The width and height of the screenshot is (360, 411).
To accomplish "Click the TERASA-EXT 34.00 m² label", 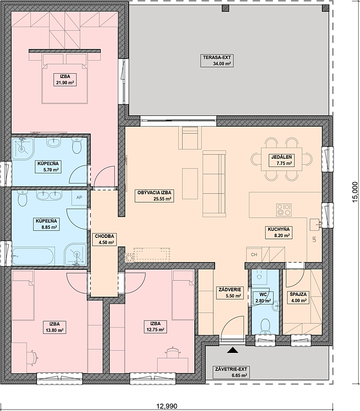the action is [217, 61].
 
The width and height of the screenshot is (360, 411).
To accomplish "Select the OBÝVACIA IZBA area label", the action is [154, 196].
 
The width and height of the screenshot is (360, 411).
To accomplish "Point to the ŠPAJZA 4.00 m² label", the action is [298, 298].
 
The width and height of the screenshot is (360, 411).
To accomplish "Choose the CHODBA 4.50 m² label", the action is [104, 239].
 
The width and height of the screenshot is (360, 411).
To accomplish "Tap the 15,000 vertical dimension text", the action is [355, 192].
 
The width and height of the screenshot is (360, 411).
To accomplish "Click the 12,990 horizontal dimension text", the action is [167, 407].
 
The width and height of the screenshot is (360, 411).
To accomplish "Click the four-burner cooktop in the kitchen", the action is [283, 210].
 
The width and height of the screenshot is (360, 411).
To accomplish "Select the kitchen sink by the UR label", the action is [315, 224].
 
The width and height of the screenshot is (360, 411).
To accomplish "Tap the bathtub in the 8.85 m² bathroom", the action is [33, 256].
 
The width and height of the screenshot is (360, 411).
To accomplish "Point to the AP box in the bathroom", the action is [79, 198].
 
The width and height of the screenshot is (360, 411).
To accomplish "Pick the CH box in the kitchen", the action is [254, 254].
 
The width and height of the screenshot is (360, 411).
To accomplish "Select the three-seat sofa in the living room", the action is [214, 184].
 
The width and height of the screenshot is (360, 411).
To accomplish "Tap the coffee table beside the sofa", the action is [190, 184].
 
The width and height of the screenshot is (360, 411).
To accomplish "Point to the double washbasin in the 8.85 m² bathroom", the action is [49, 196].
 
